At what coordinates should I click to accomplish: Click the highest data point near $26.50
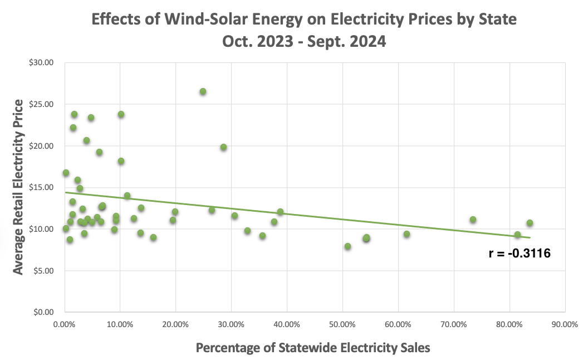pyautogui.click(x=203, y=91)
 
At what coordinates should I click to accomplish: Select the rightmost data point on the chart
pyautogui.click(x=530, y=223)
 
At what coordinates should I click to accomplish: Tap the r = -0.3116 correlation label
pyautogui.click(x=520, y=254)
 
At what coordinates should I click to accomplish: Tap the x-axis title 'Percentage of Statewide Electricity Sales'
pyautogui.click(x=313, y=348)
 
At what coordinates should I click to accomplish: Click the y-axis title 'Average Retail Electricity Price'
pyautogui.click(x=18, y=187)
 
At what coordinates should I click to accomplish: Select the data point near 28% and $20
pyautogui.click(x=223, y=147)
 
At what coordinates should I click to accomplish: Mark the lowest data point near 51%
pyautogui.click(x=347, y=246)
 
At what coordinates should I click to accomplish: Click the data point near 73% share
pyautogui.click(x=473, y=220)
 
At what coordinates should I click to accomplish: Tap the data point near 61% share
pyautogui.click(x=406, y=234)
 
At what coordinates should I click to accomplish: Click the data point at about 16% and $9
pyautogui.click(x=153, y=237)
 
